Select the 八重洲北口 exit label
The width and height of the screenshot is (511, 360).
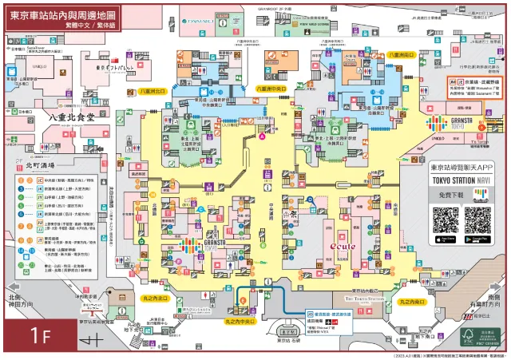click(x=151, y=93)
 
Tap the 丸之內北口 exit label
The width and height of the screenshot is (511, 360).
click(x=153, y=298)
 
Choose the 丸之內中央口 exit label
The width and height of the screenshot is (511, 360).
click(x=240, y=321)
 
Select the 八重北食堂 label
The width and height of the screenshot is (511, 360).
click(x=71, y=117)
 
